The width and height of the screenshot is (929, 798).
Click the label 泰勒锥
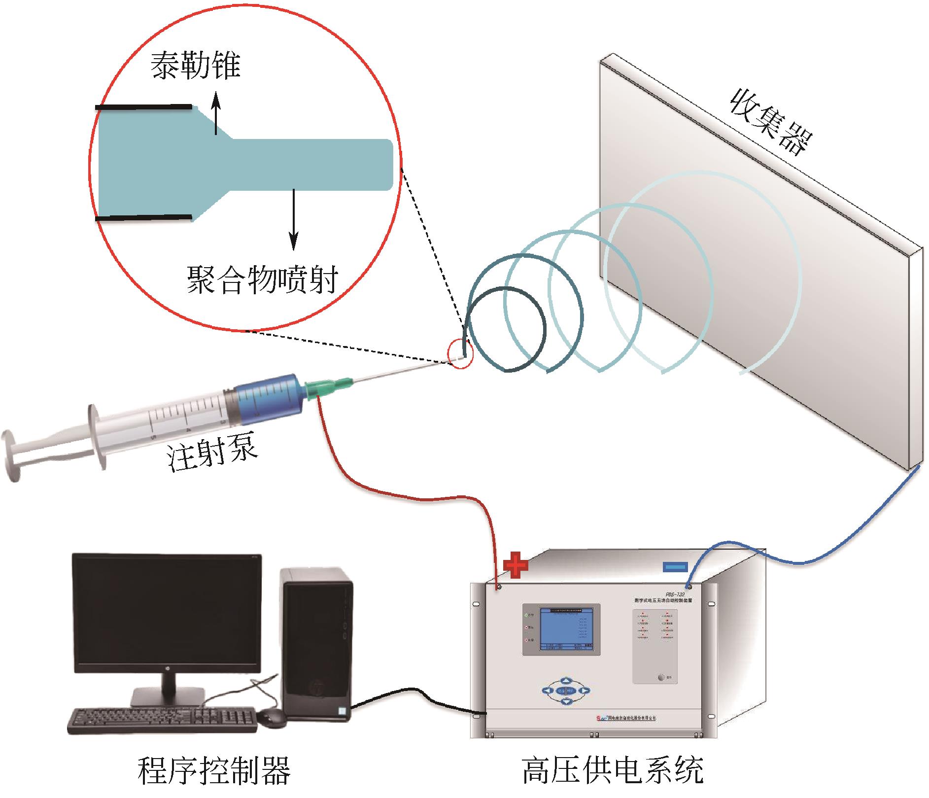[196, 67]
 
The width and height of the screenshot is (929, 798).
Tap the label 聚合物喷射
[262, 279]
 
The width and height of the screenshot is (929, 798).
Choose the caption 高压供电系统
[613, 770]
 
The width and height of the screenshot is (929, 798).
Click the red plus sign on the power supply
[516, 566]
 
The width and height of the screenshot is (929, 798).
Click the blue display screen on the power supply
[566, 629]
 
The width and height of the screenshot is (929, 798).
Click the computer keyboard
[163, 721]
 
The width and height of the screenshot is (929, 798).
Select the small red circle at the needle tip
[460, 355]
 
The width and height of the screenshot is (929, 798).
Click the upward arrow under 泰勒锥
[215, 114]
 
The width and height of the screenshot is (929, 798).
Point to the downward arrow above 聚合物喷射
[294, 219]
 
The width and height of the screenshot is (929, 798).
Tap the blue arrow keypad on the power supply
[566, 690]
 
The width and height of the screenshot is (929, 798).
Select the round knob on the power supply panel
[661, 677]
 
